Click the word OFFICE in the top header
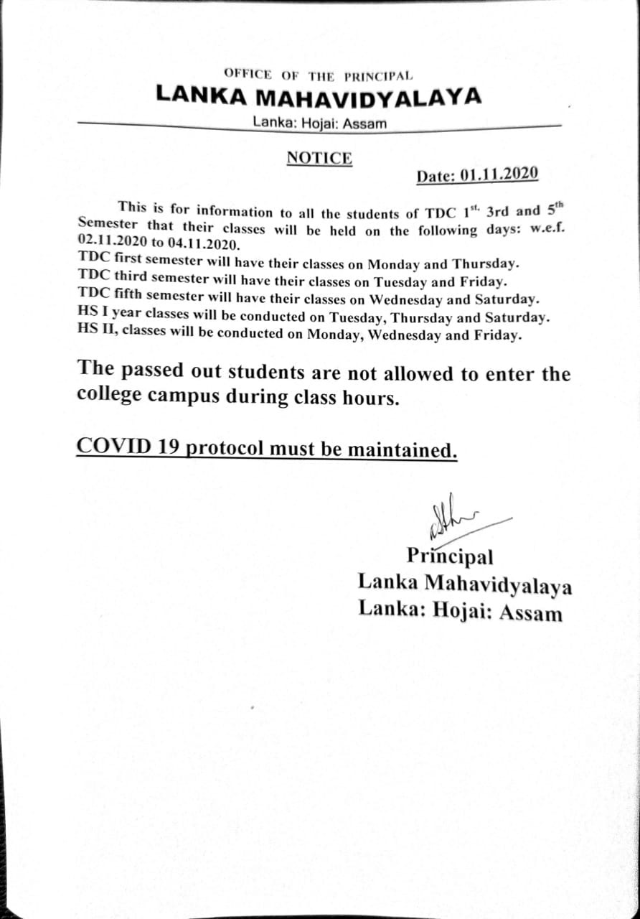click(248, 74)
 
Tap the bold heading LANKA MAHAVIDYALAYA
click(319, 96)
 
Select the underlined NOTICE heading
click(319, 158)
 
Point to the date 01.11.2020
click(499, 174)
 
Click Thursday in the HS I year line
click(419, 317)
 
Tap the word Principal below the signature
click(450, 556)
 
